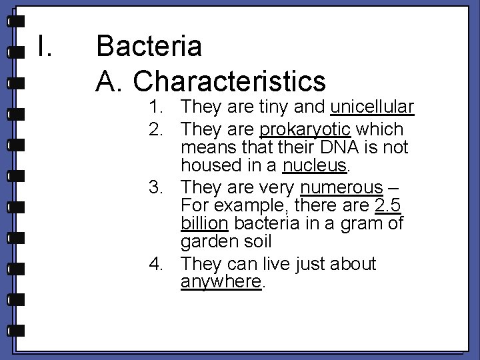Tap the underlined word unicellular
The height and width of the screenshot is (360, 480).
tap(372, 107)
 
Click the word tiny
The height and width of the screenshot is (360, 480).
tap(274, 107)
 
